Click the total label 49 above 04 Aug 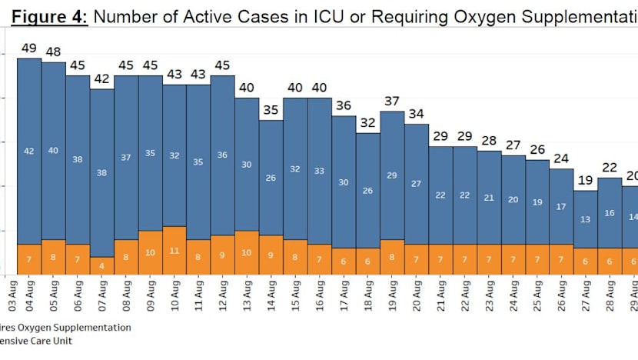(29, 48)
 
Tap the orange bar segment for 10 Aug (174, 250)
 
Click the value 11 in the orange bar (174, 251)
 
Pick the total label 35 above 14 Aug (271, 110)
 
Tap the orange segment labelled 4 (101, 265)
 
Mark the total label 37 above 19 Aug (392, 102)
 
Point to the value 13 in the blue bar (586, 219)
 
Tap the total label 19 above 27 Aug (586, 181)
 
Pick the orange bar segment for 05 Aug (53, 257)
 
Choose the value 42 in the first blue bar (29, 152)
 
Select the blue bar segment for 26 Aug (562, 206)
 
